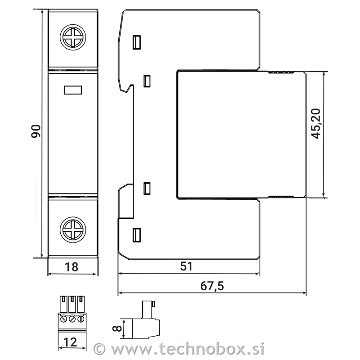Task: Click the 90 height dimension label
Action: pos(36,131)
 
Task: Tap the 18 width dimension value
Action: pos(72,267)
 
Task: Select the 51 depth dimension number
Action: pos(186,266)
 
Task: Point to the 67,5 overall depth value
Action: pos(212,286)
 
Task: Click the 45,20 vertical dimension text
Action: pos(316,123)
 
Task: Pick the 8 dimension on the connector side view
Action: pos(117,328)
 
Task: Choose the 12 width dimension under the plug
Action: pos(70,342)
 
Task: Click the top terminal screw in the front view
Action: pos(73,37)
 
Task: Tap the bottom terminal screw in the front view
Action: pos(73,229)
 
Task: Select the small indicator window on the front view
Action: pos(73,90)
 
